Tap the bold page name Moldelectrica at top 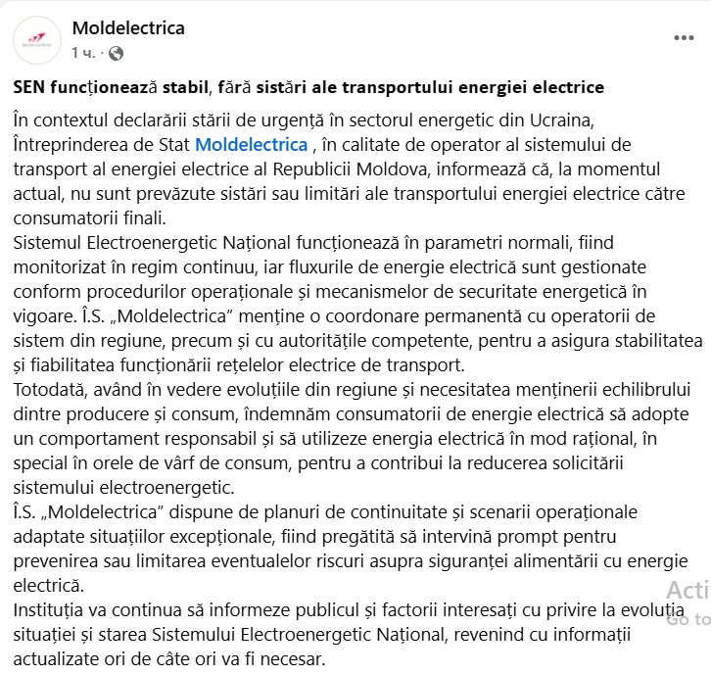pos(128,27)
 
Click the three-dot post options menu pos(683,38)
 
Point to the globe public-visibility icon pos(117,51)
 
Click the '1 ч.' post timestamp pos(82,51)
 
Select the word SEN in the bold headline pos(31,87)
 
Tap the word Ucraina pos(561,120)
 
